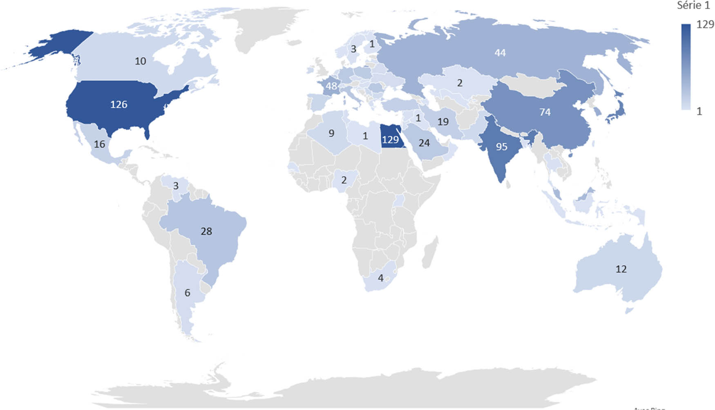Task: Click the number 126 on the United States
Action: click(118, 105)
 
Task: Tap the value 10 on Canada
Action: click(140, 61)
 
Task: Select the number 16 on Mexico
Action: click(99, 144)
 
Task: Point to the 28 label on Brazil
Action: click(206, 231)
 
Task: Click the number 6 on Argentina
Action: click(187, 293)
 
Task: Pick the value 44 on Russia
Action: click(500, 53)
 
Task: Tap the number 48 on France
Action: click(331, 86)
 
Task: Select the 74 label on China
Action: click(545, 112)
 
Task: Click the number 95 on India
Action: click(501, 147)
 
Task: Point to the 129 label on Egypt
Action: click(390, 140)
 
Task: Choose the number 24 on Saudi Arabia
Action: click(424, 143)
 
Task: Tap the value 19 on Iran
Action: click(443, 121)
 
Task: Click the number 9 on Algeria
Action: click(331, 133)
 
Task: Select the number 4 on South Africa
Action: click(380, 278)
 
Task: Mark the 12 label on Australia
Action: click(621, 269)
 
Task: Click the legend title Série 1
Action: click(693, 5)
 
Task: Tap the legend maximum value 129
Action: click(705, 25)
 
